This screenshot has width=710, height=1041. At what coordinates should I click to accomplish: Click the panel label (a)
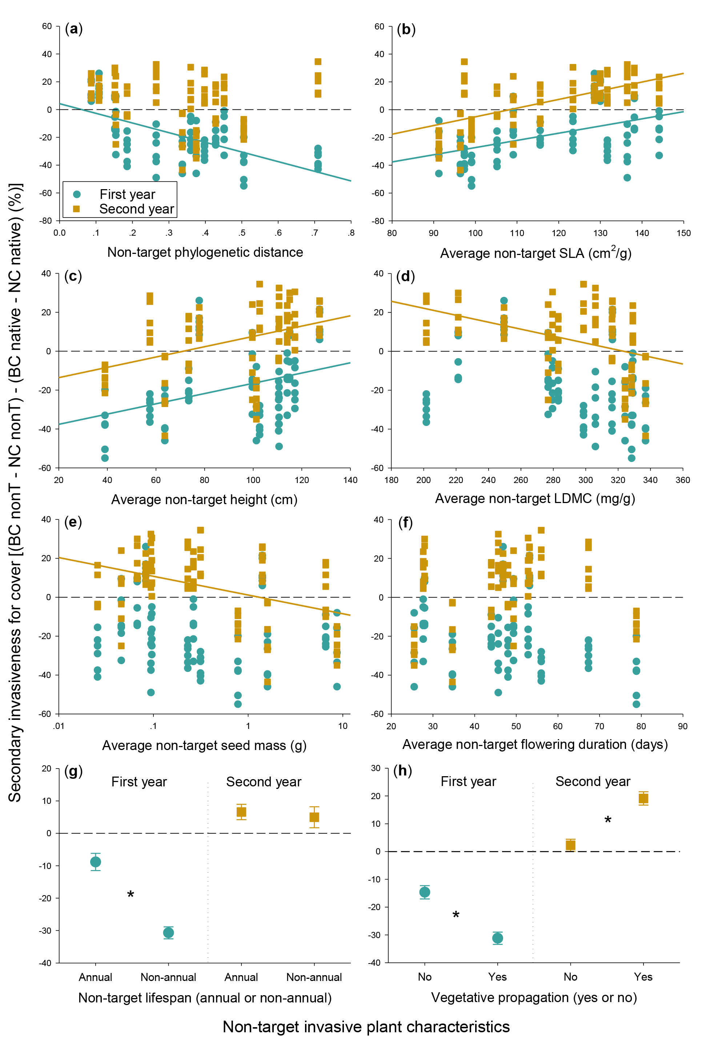(x=74, y=29)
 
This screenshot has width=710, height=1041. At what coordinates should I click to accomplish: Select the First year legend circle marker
(x=77, y=194)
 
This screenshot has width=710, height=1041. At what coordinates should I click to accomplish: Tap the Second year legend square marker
(x=77, y=209)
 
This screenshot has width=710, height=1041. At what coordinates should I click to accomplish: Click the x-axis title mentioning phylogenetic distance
(x=205, y=252)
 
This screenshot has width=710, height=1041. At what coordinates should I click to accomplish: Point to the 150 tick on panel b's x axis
(x=683, y=233)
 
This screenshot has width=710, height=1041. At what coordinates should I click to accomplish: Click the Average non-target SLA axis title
(x=535, y=253)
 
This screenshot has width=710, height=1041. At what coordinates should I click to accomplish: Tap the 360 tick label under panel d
(x=683, y=480)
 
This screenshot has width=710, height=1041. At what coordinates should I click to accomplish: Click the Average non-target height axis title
(x=204, y=499)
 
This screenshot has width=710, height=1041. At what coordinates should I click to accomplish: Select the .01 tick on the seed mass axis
(x=59, y=726)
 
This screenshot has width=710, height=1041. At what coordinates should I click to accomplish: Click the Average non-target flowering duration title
(x=535, y=745)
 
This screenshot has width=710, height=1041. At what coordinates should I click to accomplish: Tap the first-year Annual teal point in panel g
(x=95, y=862)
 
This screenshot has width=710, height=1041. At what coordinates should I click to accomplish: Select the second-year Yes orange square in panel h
(x=643, y=798)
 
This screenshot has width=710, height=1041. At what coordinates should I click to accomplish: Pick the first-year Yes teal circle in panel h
(x=497, y=938)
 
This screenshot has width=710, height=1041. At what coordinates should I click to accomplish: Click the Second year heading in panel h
(x=593, y=782)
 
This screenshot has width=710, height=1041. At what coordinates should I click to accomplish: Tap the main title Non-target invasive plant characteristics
(x=366, y=1027)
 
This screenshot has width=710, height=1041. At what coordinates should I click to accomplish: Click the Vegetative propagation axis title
(x=534, y=998)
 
